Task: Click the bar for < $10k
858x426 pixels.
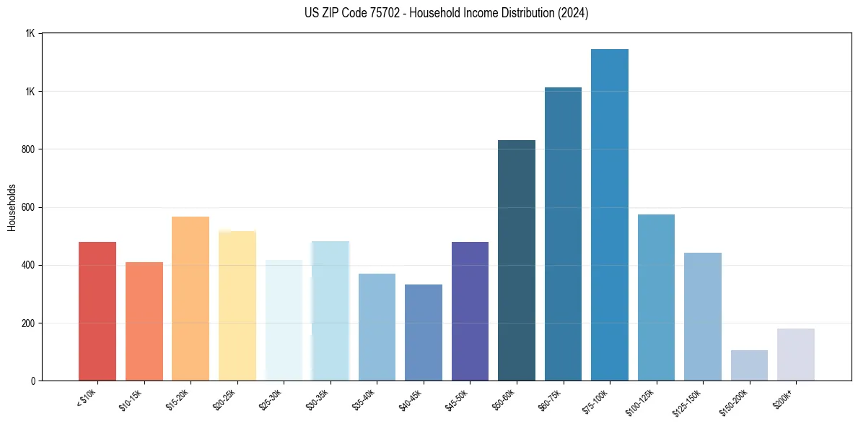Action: [97, 310]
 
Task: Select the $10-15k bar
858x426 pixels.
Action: [144, 321]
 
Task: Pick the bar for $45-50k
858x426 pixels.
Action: [470, 310]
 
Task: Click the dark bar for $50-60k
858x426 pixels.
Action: [517, 260]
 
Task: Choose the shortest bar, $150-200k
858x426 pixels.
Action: [749, 365]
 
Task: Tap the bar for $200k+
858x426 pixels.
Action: [796, 355]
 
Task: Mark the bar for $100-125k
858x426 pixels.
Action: [656, 297]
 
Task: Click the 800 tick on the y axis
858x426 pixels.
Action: [29, 149]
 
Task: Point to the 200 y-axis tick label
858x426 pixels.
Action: [29, 323]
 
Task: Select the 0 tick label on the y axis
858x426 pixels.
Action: [33, 381]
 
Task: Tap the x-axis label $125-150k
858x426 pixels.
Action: [690, 401]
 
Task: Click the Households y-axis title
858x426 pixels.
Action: [12, 207]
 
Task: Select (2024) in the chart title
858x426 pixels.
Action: [574, 13]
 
